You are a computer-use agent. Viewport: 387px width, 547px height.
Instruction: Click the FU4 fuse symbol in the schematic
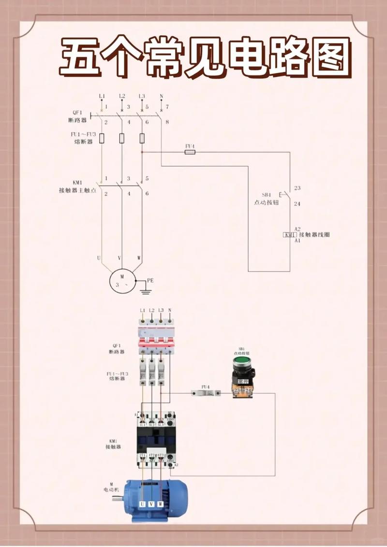(190, 152)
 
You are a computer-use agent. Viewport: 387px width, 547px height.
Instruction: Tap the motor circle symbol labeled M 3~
(121, 280)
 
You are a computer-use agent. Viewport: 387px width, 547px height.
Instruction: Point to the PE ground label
(150, 280)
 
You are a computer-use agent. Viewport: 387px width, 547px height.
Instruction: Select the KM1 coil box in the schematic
(289, 235)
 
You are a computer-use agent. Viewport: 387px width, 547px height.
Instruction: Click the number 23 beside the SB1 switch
(297, 188)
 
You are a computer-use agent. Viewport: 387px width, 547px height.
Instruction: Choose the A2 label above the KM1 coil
(298, 229)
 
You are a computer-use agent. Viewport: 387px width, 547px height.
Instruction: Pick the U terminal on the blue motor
(142, 504)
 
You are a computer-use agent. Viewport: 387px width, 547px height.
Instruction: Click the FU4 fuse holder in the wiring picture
(205, 393)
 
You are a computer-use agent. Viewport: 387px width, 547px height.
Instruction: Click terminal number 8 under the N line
(167, 122)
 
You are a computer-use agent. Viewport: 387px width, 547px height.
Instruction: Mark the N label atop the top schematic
(161, 96)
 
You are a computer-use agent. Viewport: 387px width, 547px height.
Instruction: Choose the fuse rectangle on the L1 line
(102, 139)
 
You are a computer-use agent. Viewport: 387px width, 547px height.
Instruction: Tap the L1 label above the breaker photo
(142, 310)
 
